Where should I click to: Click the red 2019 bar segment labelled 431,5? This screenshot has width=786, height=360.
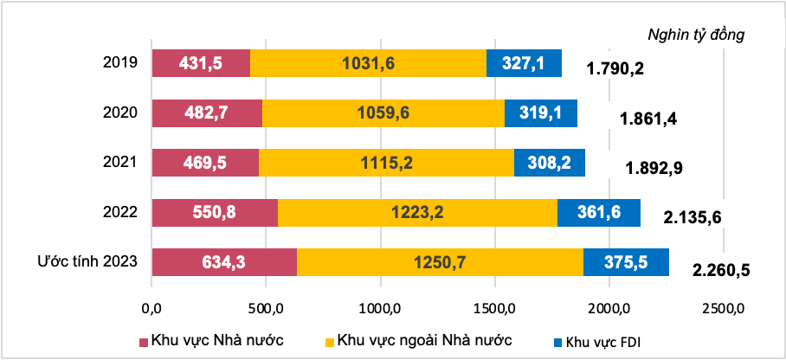(x=201, y=63)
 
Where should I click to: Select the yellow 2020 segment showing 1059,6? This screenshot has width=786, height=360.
(x=383, y=113)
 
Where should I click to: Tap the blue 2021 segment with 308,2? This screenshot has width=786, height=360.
(x=549, y=163)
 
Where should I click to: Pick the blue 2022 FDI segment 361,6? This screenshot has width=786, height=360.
(x=598, y=212)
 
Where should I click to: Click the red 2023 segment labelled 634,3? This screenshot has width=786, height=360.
(x=224, y=262)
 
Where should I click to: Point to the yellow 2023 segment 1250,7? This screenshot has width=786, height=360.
(x=440, y=262)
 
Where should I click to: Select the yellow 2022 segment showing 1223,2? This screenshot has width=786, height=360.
(x=417, y=212)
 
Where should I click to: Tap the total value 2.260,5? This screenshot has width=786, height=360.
(x=721, y=270)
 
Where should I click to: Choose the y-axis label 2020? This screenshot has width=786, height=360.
(x=120, y=113)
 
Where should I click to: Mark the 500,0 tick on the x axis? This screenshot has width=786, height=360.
(x=266, y=307)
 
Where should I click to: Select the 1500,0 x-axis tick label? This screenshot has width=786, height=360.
(x=494, y=307)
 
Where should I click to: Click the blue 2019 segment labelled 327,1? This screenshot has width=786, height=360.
(x=524, y=63)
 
